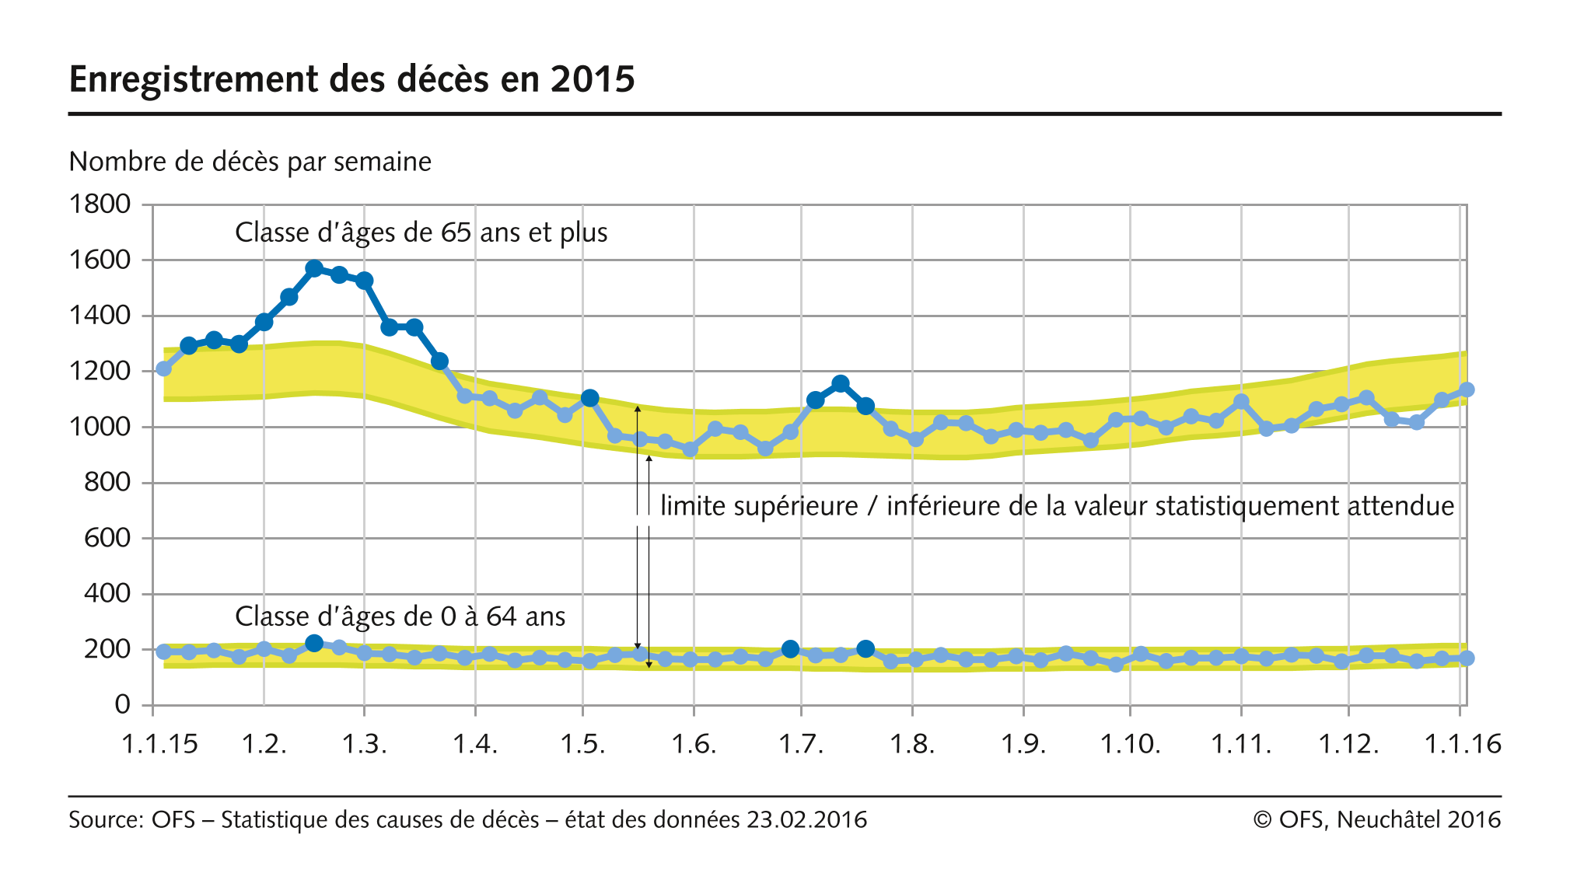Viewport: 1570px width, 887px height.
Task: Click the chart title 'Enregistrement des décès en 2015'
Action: (351, 79)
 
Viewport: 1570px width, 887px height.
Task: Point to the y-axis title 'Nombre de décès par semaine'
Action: (250, 162)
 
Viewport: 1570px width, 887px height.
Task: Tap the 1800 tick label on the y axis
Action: (100, 204)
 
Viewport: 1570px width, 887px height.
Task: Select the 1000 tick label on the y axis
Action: (100, 427)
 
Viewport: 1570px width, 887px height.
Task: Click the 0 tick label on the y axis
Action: (122, 704)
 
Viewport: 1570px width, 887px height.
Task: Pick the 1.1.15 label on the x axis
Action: (159, 744)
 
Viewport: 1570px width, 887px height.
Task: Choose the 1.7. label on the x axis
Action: (801, 744)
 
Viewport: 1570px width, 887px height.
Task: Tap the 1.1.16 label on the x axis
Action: (1462, 744)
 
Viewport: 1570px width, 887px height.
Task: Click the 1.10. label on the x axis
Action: (1130, 744)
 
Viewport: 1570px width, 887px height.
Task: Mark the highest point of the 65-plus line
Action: (314, 268)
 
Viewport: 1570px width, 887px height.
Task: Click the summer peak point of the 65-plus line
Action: (840, 383)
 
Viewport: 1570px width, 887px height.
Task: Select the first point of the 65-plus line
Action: (163, 368)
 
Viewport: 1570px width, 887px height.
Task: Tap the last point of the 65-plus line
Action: (1467, 389)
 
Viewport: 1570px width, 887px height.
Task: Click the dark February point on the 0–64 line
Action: (314, 643)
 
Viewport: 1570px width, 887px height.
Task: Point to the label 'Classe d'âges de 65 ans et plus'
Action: (421, 232)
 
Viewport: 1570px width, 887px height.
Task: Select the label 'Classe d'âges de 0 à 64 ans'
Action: (400, 616)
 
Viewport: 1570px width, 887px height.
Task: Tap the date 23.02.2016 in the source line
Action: (806, 820)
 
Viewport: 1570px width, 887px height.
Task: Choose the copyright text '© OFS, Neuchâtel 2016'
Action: (1376, 820)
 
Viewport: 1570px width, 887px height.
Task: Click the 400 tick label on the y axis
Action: (107, 593)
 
